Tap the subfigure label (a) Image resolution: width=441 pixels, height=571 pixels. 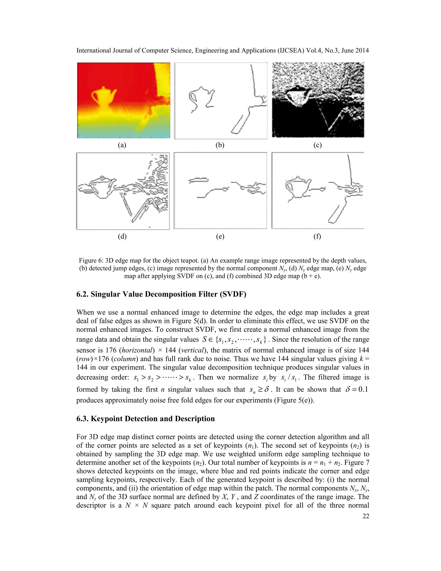[x=122, y=145]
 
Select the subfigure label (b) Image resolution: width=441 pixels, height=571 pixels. [x=220, y=145]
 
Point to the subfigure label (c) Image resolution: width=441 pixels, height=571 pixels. [x=317, y=145]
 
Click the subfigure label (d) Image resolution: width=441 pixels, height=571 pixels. [x=122, y=236]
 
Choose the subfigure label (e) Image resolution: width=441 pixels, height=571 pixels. [x=220, y=236]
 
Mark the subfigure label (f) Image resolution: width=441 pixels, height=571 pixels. [x=317, y=236]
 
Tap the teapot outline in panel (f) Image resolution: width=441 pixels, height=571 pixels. [x=297, y=187]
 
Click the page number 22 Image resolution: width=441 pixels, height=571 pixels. [x=366, y=516]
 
